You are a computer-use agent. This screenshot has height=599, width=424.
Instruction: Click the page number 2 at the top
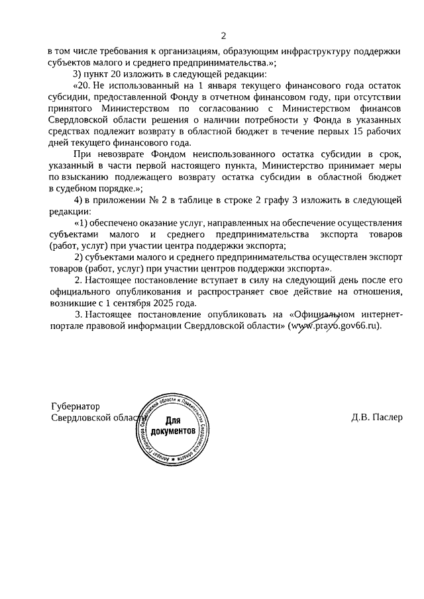(x=223, y=35)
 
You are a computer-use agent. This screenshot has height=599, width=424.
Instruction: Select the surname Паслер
(x=386, y=418)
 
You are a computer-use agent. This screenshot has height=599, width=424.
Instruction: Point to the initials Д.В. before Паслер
(x=360, y=418)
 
